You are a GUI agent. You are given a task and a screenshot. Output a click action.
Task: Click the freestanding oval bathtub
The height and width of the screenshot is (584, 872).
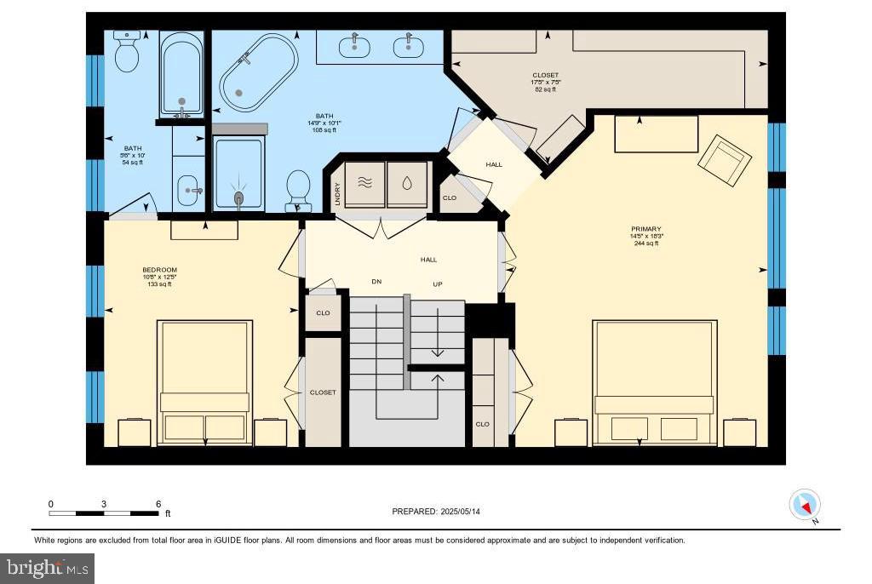point(259,73)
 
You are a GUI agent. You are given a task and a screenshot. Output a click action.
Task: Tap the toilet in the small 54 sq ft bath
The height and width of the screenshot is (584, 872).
point(127,53)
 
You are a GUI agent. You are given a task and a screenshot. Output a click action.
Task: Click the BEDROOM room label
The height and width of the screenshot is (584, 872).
point(159,271)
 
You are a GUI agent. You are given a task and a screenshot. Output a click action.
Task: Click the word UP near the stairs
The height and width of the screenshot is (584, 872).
point(437,283)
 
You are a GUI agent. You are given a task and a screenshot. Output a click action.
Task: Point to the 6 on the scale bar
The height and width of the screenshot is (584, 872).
point(158,504)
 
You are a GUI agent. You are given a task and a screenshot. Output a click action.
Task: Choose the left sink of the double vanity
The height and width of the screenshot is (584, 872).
point(354,47)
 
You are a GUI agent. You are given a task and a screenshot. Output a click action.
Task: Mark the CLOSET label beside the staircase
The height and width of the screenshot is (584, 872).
point(323,392)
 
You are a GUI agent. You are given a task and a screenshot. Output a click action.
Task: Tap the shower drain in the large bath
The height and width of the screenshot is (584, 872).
point(238,198)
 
